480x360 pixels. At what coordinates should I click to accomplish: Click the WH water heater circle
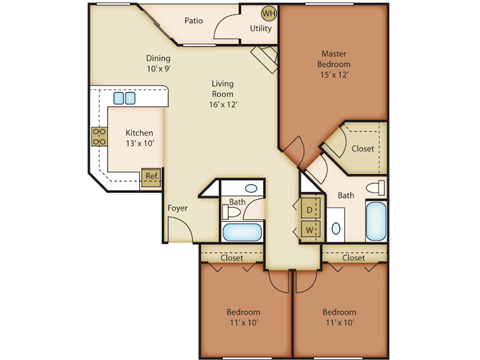click(x=269, y=13)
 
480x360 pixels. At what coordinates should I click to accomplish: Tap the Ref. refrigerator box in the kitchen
click(x=151, y=177)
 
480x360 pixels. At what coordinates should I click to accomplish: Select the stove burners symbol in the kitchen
click(x=100, y=137)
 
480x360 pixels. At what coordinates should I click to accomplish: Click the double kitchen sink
click(x=124, y=98)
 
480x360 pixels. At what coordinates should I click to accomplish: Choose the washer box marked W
click(x=310, y=229)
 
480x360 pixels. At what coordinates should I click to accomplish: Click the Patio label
click(x=194, y=20)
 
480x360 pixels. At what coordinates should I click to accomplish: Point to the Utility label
click(x=261, y=28)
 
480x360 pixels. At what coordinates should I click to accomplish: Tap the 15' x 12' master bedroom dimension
click(x=334, y=74)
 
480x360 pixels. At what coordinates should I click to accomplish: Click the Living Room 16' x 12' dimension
click(x=223, y=104)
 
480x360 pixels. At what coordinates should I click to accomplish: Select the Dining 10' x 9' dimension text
click(x=158, y=68)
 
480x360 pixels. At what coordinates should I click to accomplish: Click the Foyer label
click(x=178, y=208)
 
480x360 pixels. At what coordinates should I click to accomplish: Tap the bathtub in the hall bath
click(x=242, y=232)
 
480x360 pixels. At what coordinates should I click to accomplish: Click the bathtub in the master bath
click(x=376, y=221)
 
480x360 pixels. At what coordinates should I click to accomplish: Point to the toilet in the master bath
click(x=376, y=188)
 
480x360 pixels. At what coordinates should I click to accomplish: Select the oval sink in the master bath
click(x=336, y=229)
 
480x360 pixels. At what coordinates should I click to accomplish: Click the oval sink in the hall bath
click(x=251, y=188)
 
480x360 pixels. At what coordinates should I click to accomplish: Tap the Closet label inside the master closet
click(x=363, y=149)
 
